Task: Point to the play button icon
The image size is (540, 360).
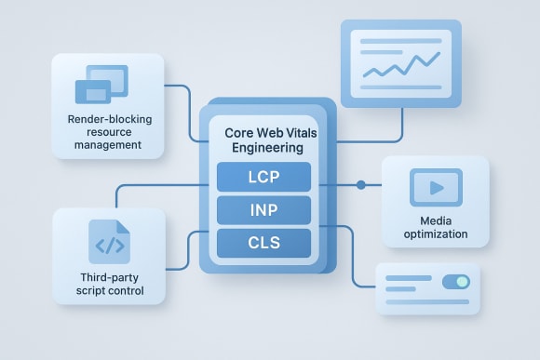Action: (436, 187)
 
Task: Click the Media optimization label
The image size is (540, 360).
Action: (436, 228)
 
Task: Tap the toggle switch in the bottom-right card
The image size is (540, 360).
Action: (455, 282)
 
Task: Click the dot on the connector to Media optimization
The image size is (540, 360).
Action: (361, 185)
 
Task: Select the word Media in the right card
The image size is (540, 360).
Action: (436, 220)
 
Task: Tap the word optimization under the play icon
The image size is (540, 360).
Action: (436, 234)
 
